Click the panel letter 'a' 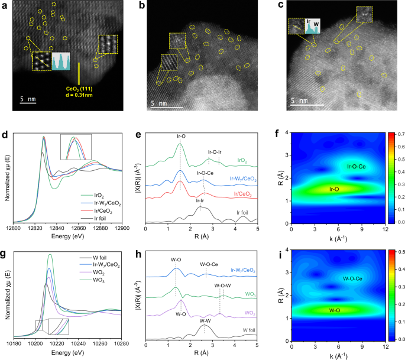(5, 5)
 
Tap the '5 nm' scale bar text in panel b (159, 103)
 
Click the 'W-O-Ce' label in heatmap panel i (352, 278)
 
